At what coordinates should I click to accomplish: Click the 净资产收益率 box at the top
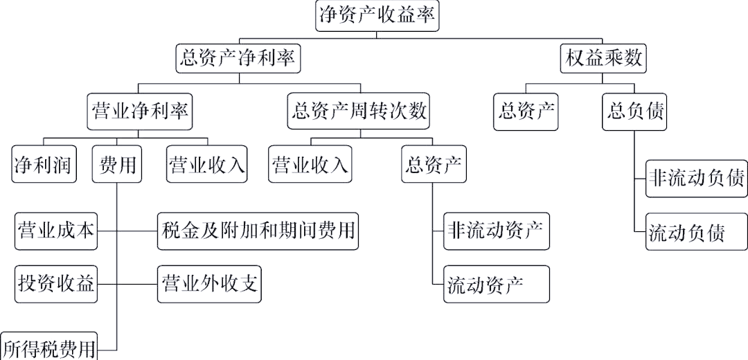pyautogui.click(x=377, y=15)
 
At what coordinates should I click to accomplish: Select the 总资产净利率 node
pyautogui.click(x=239, y=58)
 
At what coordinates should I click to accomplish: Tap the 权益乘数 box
pyautogui.click(x=602, y=58)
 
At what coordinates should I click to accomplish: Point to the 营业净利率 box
pyautogui.click(x=140, y=111)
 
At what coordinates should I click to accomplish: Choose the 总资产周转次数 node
pyautogui.click(x=360, y=111)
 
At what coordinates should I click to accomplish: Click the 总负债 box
pyautogui.click(x=634, y=111)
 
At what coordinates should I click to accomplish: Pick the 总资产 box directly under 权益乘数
pyautogui.click(x=527, y=111)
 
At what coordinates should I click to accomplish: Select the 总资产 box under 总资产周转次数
pyautogui.click(x=434, y=165)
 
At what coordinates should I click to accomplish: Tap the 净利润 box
pyautogui.click(x=44, y=165)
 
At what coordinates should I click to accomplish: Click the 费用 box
pyautogui.click(x=118, y=165)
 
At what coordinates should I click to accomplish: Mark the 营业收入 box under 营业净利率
pyautogui.click(x=207, y=165)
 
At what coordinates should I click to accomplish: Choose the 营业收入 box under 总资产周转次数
pyautogui.click(x=310, y=165)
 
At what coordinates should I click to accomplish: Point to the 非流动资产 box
pyautogui.click(x=497, y=231)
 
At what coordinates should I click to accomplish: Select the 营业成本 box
pyautogui.click(x=56, y=231)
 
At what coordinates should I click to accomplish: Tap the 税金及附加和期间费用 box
pyautogui.click(x=258, y=231)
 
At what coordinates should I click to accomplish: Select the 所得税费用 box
pyautogui.click(x=48, y=347)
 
